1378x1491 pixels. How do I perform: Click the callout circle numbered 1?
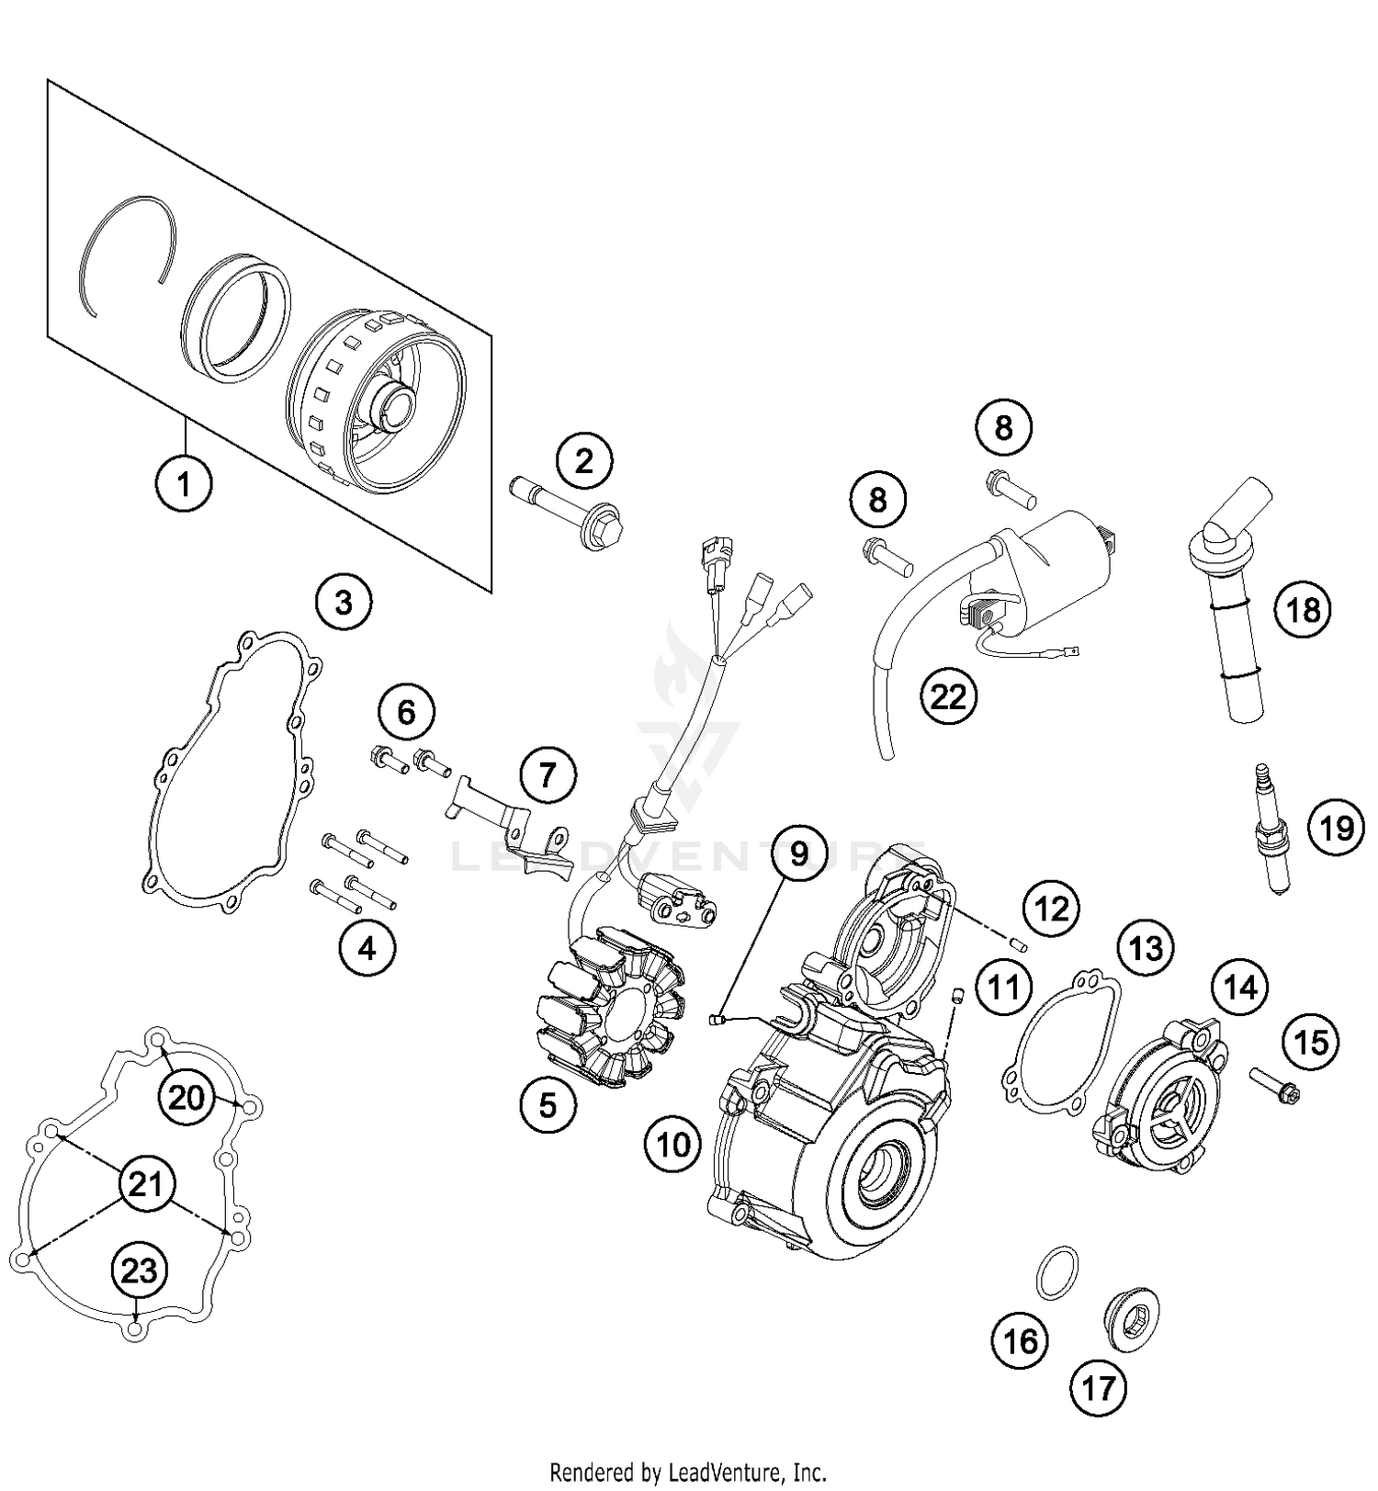184,481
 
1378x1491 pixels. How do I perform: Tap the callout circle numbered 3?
344,603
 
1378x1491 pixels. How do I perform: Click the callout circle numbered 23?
140,1271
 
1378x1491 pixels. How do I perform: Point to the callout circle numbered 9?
798,853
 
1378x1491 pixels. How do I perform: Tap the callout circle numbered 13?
1146,948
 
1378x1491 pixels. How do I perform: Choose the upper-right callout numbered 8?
1003,427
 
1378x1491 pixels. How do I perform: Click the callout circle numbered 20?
186,1097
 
